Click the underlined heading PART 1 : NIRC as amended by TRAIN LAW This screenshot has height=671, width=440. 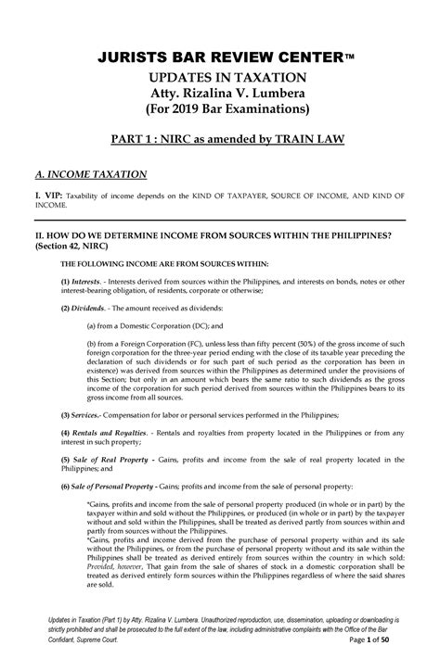tap(220, 140)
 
